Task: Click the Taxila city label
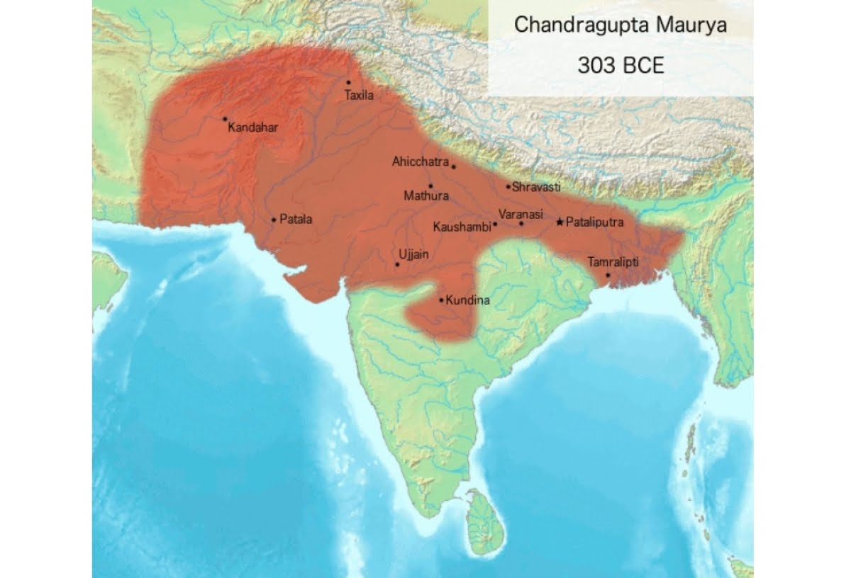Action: click(358, 95)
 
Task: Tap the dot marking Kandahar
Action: click(225, 118)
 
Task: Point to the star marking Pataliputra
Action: click(560, 222)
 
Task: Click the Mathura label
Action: click(425, 195)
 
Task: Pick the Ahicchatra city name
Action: click(421, 162)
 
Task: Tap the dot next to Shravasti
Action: click(508, 187)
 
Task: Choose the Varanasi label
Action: click(521, 213)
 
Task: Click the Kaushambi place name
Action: click(461, 227)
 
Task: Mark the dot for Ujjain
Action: click(397, 265)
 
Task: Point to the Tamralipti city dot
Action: click(608, 275)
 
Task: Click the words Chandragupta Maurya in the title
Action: click(620, 26)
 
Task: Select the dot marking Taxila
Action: click(348, 83)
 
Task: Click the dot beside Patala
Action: click(274, 220)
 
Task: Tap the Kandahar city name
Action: click(253, 128)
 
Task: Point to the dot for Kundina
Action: click(441, 300)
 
